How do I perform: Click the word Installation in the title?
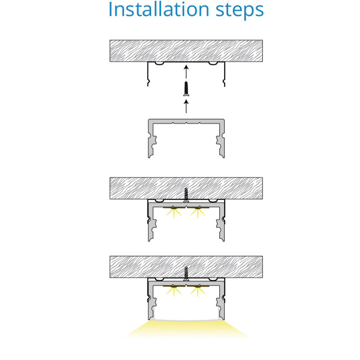(159, 9)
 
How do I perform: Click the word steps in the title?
(240, 10)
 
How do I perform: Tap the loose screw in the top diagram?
(186, 89)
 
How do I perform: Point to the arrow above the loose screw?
(186, 72)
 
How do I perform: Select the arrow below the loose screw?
(186, 106)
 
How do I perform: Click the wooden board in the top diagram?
(186, 51)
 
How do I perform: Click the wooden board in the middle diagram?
(186, 188)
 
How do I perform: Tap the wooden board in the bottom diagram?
(186, 267)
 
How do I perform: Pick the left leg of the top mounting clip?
(148, 74)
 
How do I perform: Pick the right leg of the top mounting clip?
(224, 74)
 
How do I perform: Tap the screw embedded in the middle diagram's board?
(186, 195)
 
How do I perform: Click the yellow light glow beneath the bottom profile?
(186, 329)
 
